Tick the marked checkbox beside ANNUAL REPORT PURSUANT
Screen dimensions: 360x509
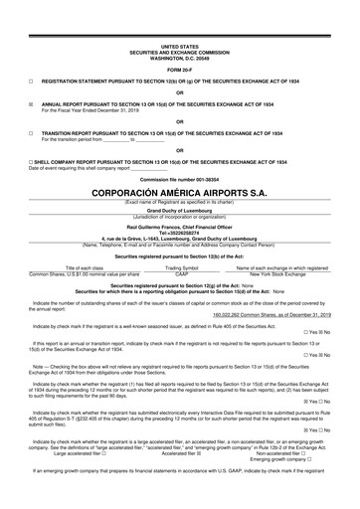tap(32, 102)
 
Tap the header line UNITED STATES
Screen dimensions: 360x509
tap(179, 46)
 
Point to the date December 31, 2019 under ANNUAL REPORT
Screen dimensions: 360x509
tap(125, 108)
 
